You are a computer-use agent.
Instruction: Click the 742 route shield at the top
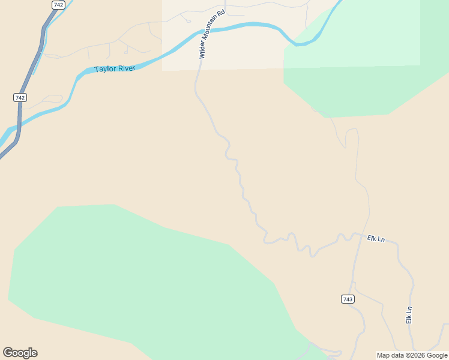coord(58,4)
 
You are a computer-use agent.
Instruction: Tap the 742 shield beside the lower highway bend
coord(20,97)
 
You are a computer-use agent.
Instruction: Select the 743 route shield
coord(347,299)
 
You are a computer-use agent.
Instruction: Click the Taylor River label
coord(114,68)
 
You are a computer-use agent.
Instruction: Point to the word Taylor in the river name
coord(104,69)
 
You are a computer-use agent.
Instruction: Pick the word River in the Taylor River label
coord(126,68)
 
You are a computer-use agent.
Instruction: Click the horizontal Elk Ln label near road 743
coord(376,238)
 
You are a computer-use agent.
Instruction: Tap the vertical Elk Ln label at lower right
coord(409,316)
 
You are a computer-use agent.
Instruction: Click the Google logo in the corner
coord(20,353)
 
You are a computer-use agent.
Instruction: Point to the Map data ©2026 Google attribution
coord(412,355)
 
